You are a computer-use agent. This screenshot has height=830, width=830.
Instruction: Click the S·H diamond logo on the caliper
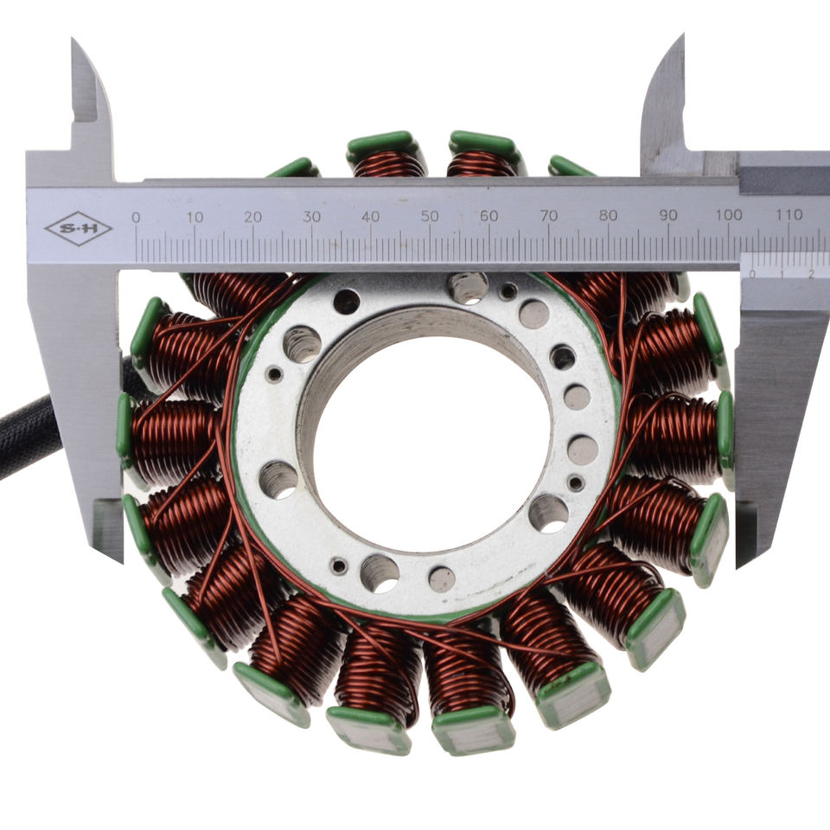[79, 228]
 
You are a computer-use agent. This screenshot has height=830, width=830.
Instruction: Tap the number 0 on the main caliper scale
[136, 217]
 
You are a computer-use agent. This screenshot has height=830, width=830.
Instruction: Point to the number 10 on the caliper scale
[195, 217]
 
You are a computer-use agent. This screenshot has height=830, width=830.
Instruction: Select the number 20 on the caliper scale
[253, 217]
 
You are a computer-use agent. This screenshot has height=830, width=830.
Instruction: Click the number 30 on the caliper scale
[312, 216]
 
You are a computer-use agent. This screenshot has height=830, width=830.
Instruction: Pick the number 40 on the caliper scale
[371, 216]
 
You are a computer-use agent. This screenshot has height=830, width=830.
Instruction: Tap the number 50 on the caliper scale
[430, 216]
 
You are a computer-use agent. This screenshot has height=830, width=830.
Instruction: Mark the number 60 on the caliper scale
[489, 216]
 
